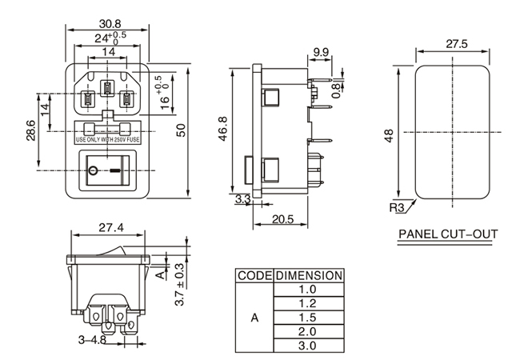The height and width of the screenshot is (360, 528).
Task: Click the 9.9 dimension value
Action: (321, 52)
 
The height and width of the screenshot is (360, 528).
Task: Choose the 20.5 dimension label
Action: (282, 220)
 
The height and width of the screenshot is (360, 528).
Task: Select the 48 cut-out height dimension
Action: (389, 135)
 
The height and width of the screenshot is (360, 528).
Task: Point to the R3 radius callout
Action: (397, 208)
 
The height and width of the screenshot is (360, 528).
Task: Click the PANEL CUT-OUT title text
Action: (448, 235)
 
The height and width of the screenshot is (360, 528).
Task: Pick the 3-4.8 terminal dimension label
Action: (92, 340)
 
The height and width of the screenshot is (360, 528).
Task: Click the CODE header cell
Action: (254, 274)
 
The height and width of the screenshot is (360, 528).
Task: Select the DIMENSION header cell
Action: (308, 274)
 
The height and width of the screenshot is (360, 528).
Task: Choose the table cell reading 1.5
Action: (308, 317)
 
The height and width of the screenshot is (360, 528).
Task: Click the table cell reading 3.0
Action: (308, 346)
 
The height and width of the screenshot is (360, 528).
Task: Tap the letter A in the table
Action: (254, 318)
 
